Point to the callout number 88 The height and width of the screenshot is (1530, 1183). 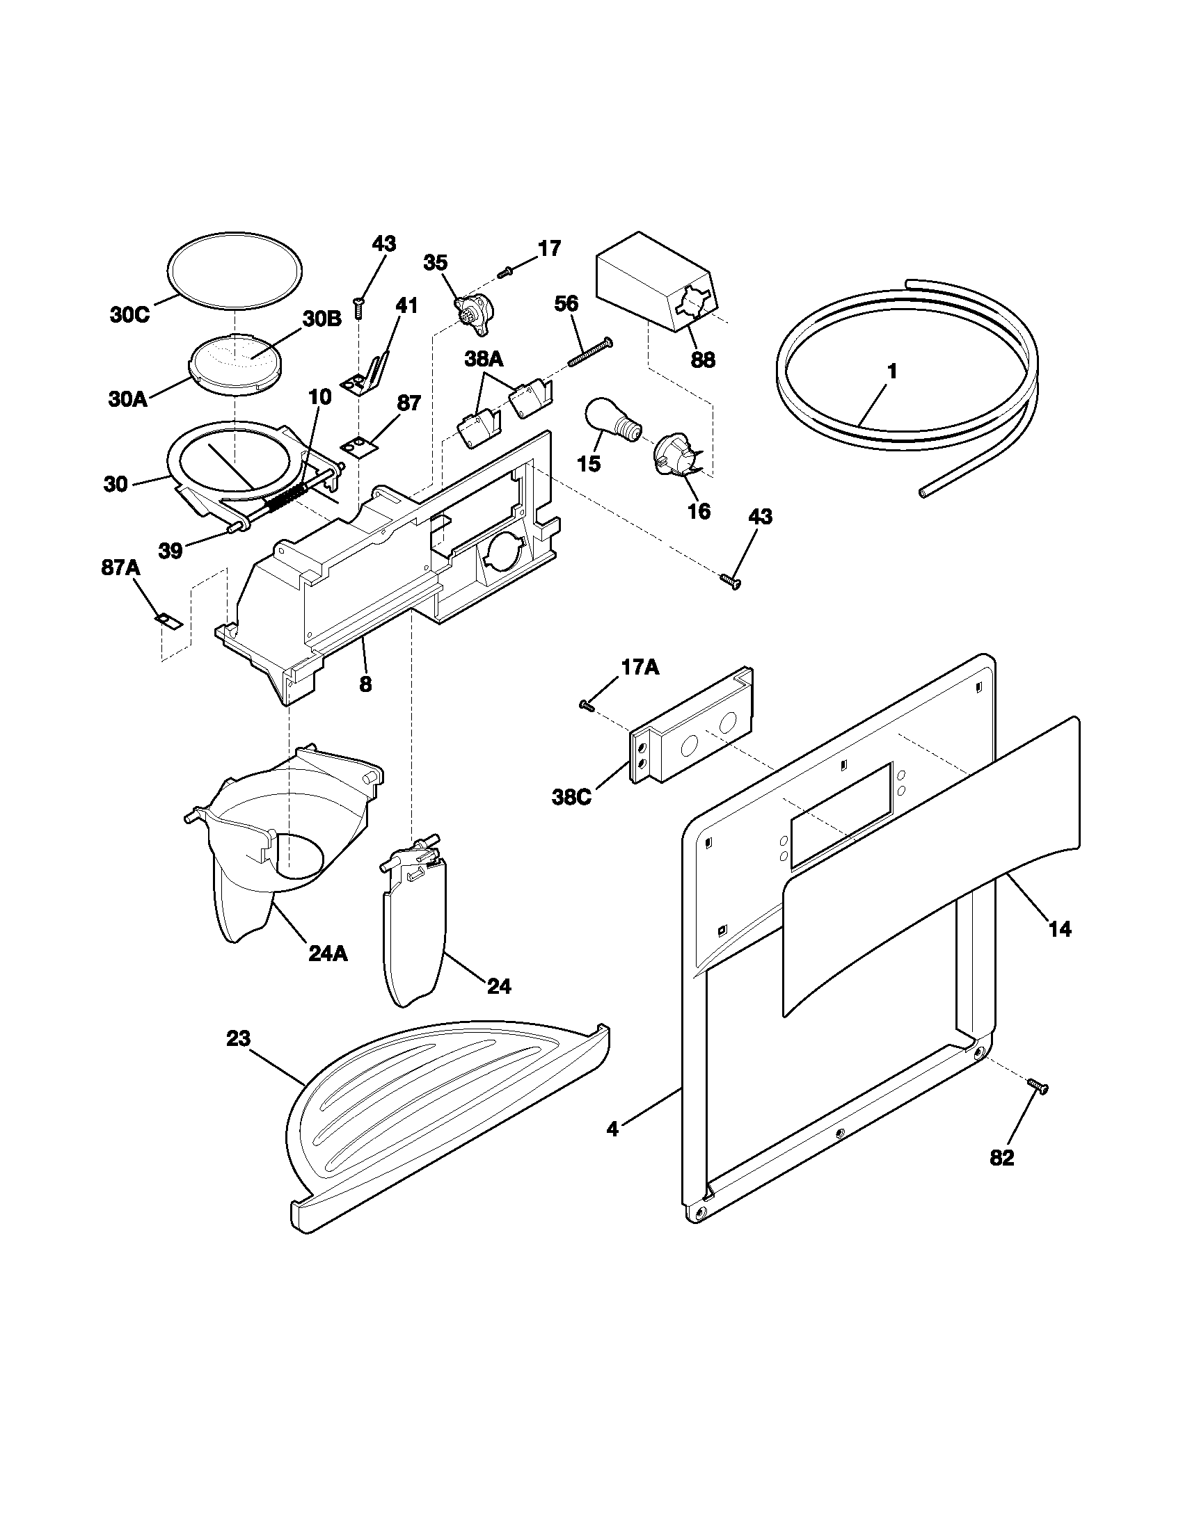[x=703, y=360]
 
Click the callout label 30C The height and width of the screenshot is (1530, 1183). [x=129, y=315]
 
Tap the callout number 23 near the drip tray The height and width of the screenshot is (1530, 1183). [x=238, y=1038]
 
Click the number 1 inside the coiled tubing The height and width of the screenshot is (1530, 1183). [x=891, y=372]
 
